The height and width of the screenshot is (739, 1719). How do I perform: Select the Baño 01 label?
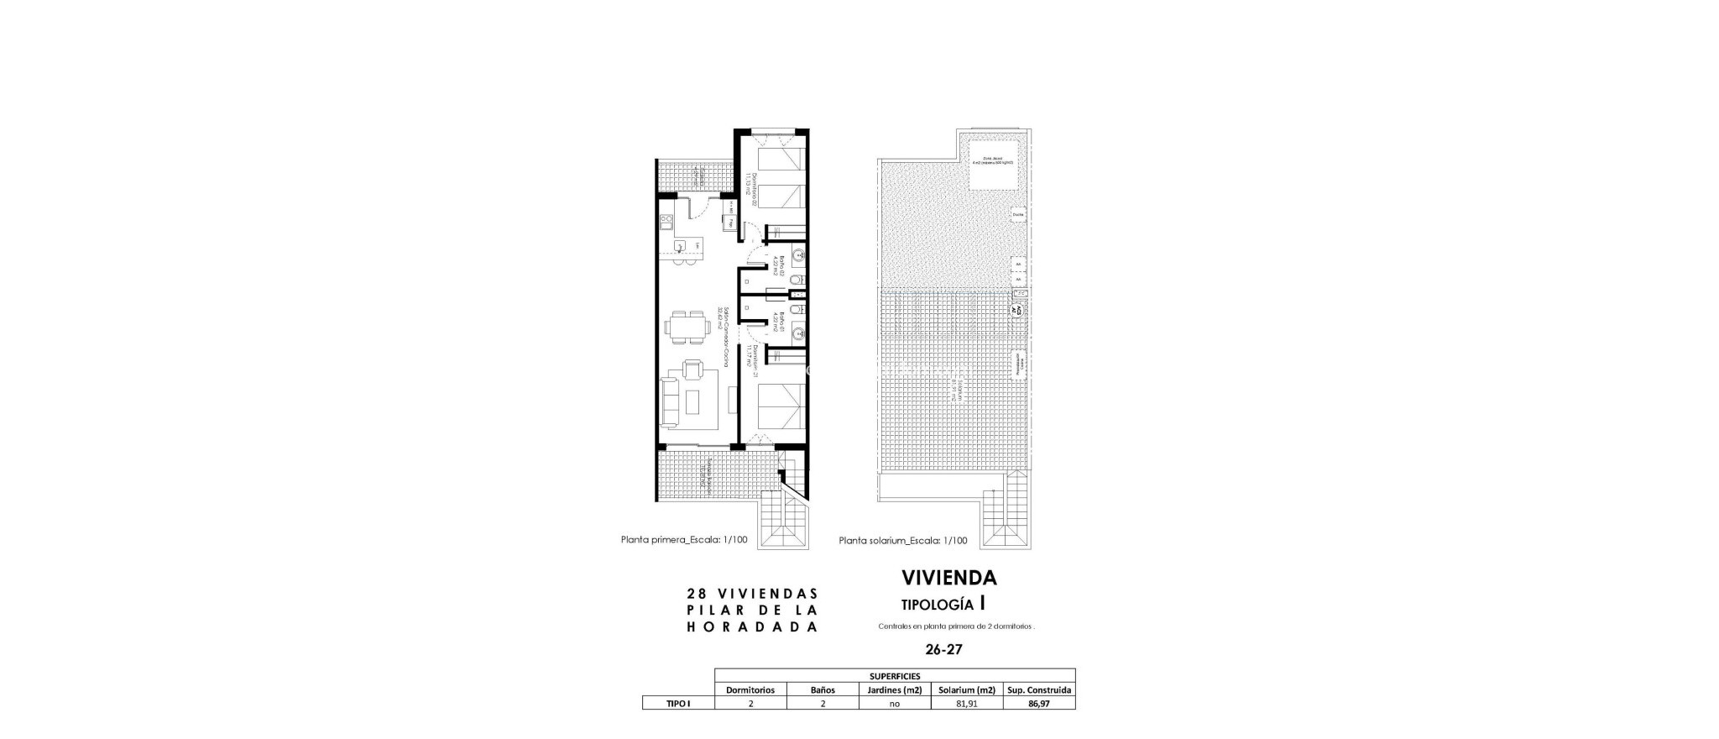192,324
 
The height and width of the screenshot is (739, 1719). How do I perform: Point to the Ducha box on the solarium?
1018,215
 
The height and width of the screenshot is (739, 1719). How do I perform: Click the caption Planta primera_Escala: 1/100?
684,541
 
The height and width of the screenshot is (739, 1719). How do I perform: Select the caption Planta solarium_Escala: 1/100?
902,541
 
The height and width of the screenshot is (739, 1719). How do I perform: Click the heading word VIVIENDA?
948,578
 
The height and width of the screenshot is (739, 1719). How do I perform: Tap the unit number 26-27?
943,649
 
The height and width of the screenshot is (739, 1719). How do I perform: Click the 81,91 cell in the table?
967,704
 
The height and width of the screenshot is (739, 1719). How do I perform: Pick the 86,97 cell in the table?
1039,704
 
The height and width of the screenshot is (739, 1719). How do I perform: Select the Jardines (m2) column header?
895,689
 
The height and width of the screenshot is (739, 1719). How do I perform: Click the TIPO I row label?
677,704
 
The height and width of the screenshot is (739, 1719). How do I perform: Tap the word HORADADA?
751,627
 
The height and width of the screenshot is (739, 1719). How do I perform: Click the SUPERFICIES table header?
895,675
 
